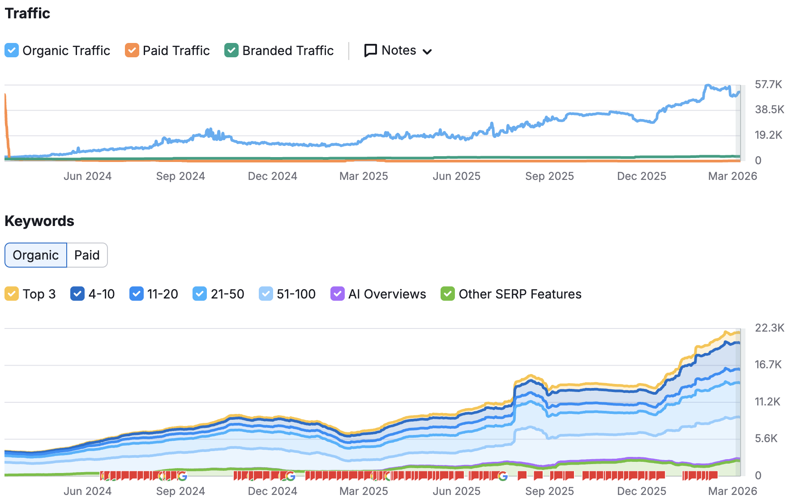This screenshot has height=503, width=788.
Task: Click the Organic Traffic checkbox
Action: point(12,50)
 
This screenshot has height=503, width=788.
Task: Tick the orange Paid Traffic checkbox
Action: point(132,50)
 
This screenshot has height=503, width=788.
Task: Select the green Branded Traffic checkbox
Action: point(231,50)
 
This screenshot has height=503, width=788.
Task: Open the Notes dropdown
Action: point(398,51)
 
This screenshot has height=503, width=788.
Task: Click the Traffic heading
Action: point(27,13)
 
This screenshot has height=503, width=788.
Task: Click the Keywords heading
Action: point(39,221)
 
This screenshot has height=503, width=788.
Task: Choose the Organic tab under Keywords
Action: point(36,255)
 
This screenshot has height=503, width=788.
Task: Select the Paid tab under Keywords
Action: point(87,255)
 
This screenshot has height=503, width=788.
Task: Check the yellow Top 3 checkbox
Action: point(12,294)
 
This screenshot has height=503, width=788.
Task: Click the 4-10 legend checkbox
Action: point(77,294)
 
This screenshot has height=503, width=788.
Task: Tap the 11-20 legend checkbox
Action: point(136,294)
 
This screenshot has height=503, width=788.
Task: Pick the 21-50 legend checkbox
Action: point(200,294)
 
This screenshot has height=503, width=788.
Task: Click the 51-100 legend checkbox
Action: point(266,294)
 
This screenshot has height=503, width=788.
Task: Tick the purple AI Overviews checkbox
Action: point(337,294)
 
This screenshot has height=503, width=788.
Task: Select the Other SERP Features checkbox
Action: point(448,294)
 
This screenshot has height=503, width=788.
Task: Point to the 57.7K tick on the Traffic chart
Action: point(768,85)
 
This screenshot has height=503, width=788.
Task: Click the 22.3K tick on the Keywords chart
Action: point(769,328)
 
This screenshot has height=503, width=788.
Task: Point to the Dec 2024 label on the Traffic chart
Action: point(272,176)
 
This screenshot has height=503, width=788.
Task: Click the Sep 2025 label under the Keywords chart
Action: point(549,491)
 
